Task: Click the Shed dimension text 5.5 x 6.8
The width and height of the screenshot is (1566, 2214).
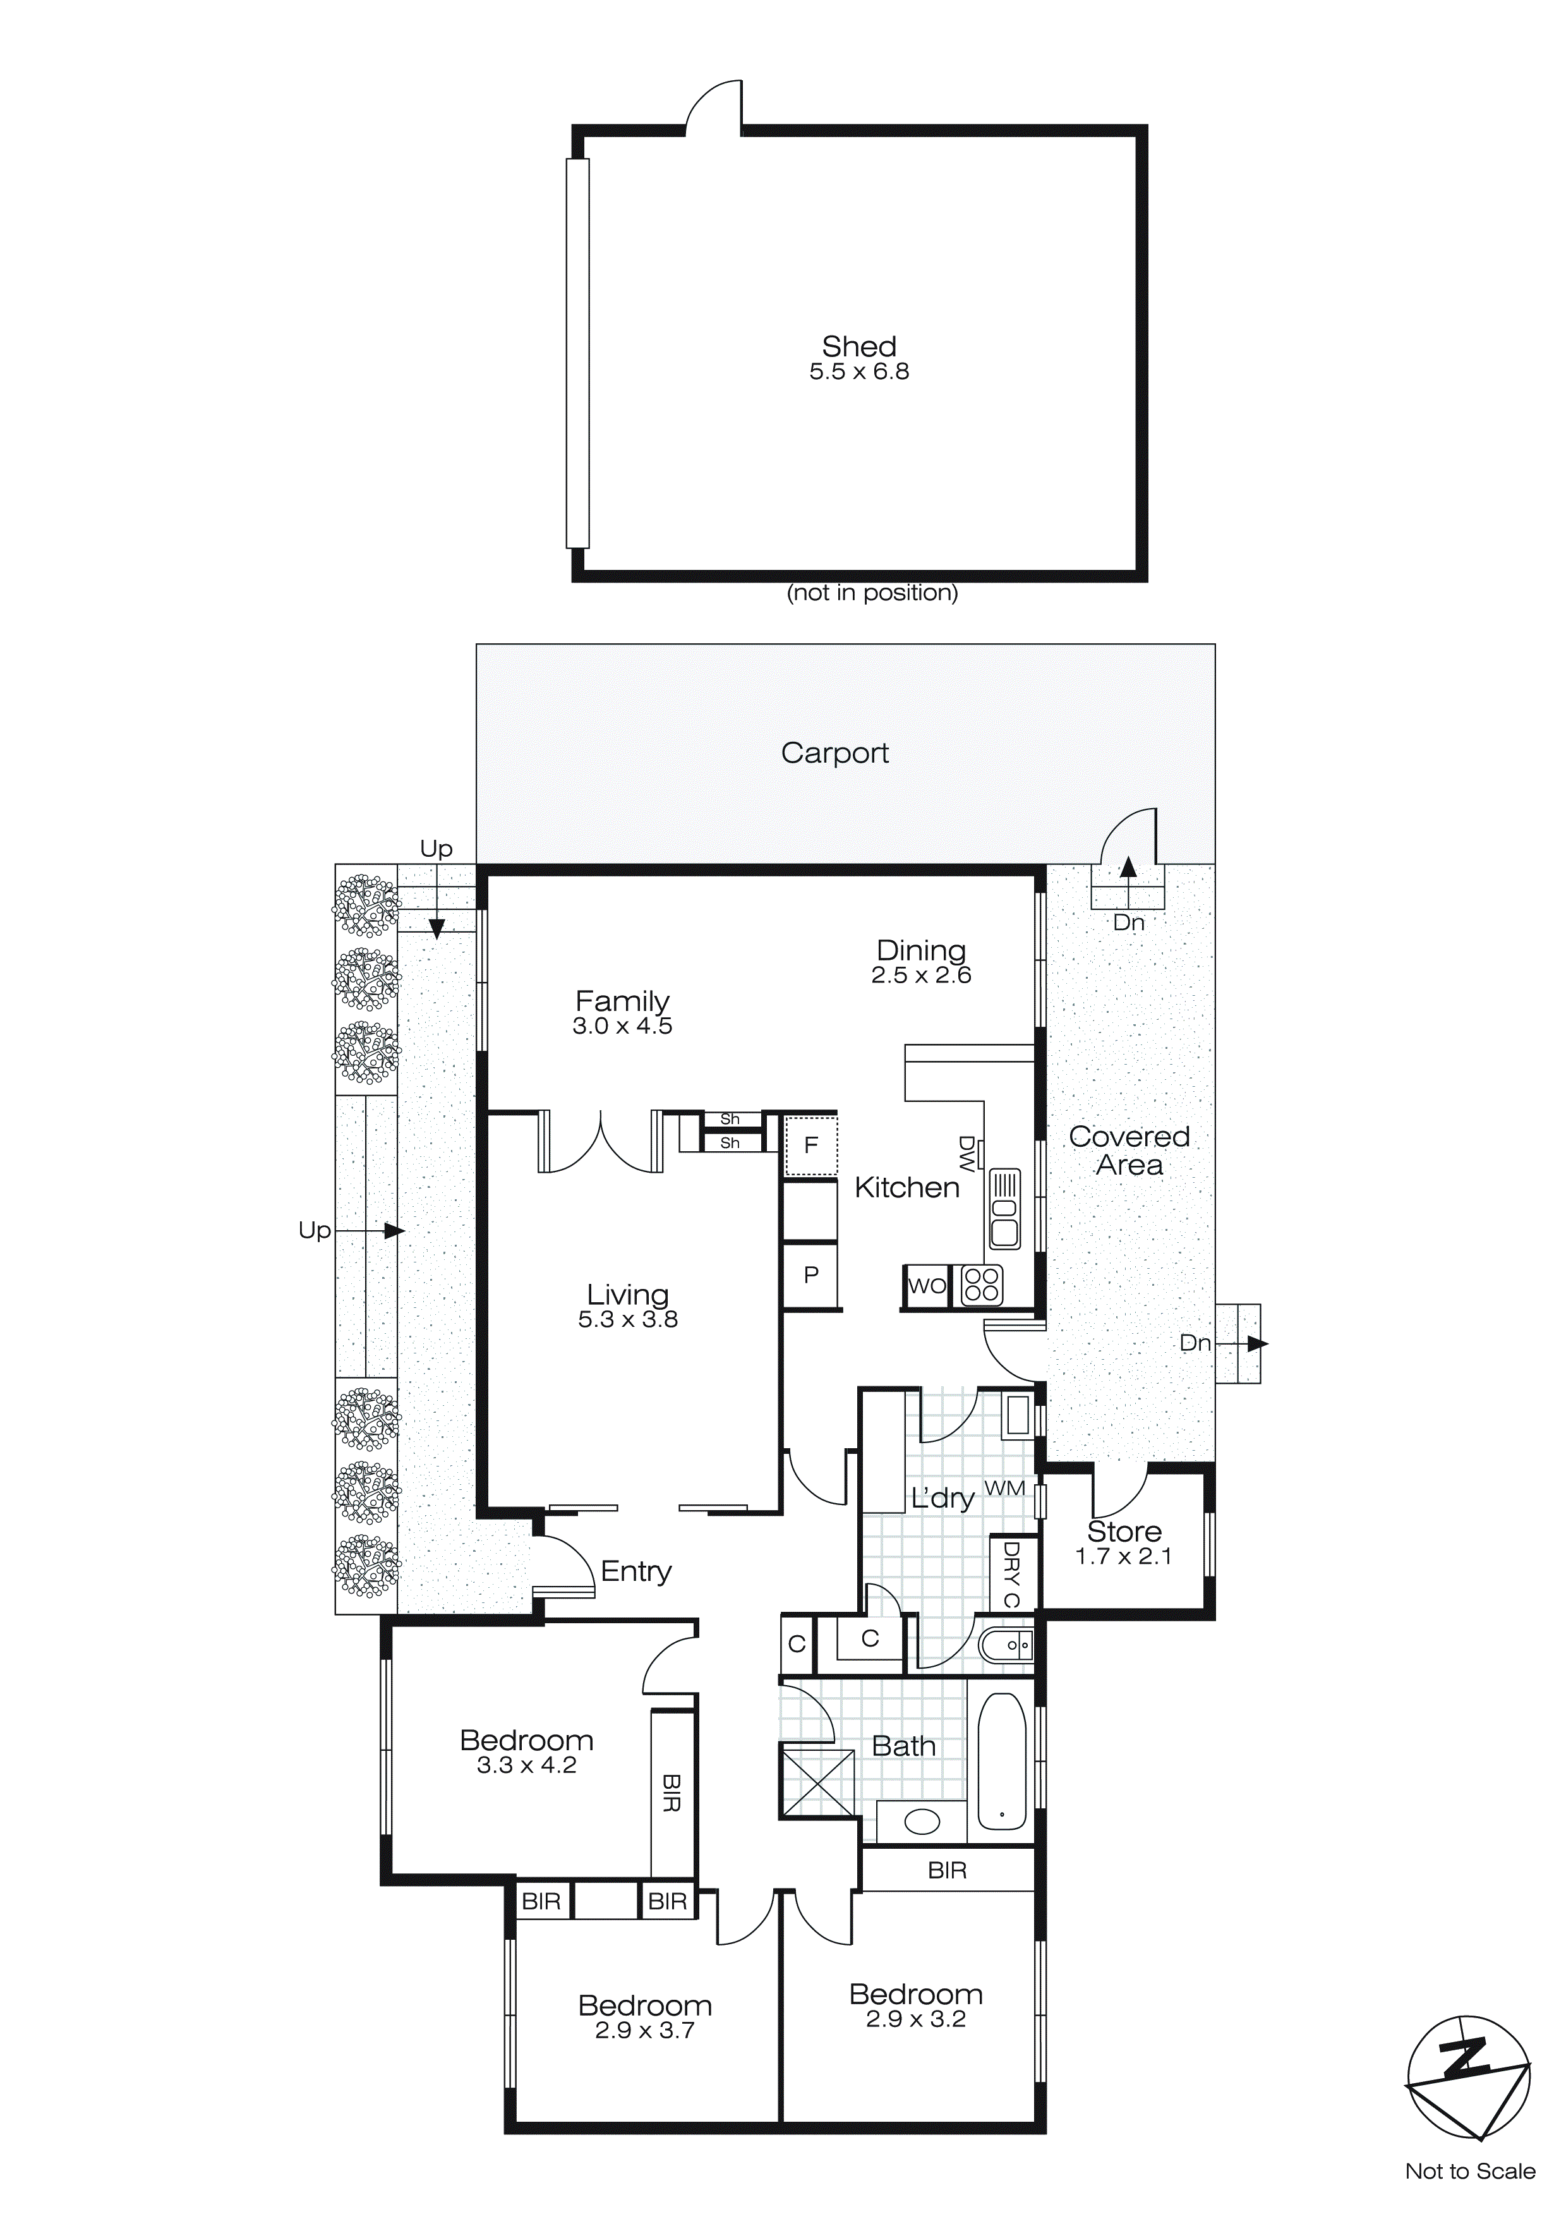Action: click(x=858, y=372)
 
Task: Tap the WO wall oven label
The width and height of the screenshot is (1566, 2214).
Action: click(x=925, y=1286)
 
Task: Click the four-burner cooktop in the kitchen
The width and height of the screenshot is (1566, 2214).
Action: click(x=982, y=1286)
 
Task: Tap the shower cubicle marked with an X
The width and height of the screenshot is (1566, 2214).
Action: click(x=817, y=1783)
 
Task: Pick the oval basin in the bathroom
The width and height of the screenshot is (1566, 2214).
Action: click(x=922, y=1822)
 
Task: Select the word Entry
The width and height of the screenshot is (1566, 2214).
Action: click(x=635, y=1572)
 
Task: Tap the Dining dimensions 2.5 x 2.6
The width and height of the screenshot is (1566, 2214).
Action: click(x=921, y=976)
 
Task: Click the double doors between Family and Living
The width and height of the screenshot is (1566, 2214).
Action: click(x=601, y=1142)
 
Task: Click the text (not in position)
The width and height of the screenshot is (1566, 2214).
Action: click(x=872, y=593)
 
